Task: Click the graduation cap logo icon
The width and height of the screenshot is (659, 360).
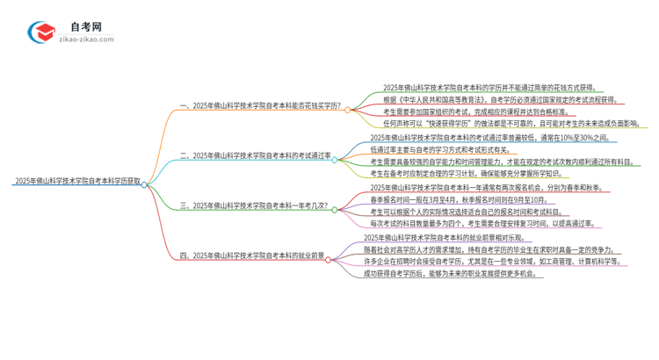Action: point(41,32)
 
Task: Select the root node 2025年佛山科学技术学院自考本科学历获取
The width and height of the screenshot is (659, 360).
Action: point(76,182)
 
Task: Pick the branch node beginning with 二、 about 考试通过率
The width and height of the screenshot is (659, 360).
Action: point(255,156)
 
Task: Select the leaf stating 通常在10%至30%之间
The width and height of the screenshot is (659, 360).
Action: point(493,138)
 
